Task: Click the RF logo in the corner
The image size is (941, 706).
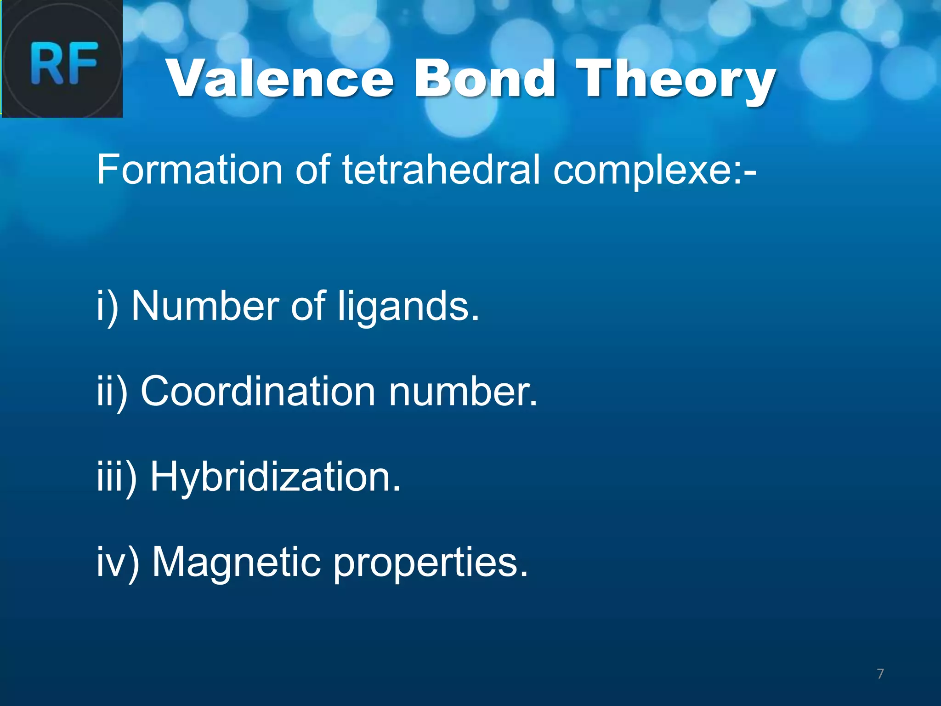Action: pos(62,59)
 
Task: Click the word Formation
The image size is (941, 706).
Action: pos(189,169)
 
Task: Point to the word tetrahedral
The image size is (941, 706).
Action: pos(441,169)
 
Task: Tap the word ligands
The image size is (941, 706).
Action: pos(408,307)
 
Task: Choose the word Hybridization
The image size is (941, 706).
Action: pos(275,477)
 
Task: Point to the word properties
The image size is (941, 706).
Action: pos(430,564)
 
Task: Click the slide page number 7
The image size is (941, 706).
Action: pos(880,674)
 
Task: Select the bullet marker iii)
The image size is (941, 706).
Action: pos(116,477)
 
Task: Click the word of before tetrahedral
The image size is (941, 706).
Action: pos(312,169)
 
